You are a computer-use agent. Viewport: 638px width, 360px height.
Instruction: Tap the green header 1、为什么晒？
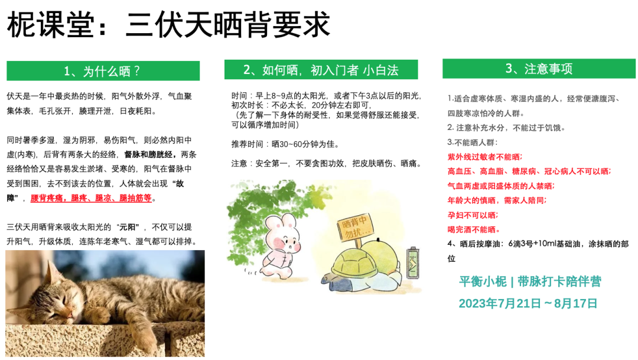(103, 71)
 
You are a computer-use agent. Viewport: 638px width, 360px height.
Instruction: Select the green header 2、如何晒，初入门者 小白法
(321, 70)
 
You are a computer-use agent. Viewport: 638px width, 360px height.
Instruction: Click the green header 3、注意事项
(538, 69)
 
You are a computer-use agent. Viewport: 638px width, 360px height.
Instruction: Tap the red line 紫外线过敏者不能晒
(484, 157)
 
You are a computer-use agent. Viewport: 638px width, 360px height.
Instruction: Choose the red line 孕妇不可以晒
(473, 215)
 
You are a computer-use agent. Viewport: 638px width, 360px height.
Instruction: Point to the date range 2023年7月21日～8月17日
(528, 303)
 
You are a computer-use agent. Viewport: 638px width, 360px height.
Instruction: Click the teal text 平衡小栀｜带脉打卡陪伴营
(530, 281)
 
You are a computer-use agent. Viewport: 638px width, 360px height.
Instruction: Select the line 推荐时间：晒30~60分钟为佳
(285, 144)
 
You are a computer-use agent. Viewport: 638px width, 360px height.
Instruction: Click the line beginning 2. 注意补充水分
(506, 127)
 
